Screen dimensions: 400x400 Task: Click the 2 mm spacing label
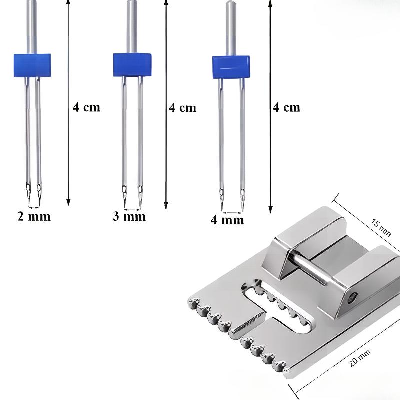pyautogui.click(x=34, y=217)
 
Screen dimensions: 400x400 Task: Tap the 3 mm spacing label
pyautogui.click(x=129, y=217)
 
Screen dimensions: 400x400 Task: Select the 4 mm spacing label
pyautogui.click(x=227, y=220)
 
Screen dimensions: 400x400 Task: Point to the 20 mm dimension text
pyautogui.click(x=360, y=358)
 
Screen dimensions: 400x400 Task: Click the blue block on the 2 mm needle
pyautogui.click(x=32, y=65)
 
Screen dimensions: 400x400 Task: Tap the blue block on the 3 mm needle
pyautogui.click(x=132, y=65)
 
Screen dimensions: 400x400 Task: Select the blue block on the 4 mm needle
pyautogui.click(x=231, y=67)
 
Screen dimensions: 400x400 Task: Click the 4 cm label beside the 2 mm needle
pyautogui.click(x=86, y=107)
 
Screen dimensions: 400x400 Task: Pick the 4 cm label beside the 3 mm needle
pyautogui.click(x=182, y=108)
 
